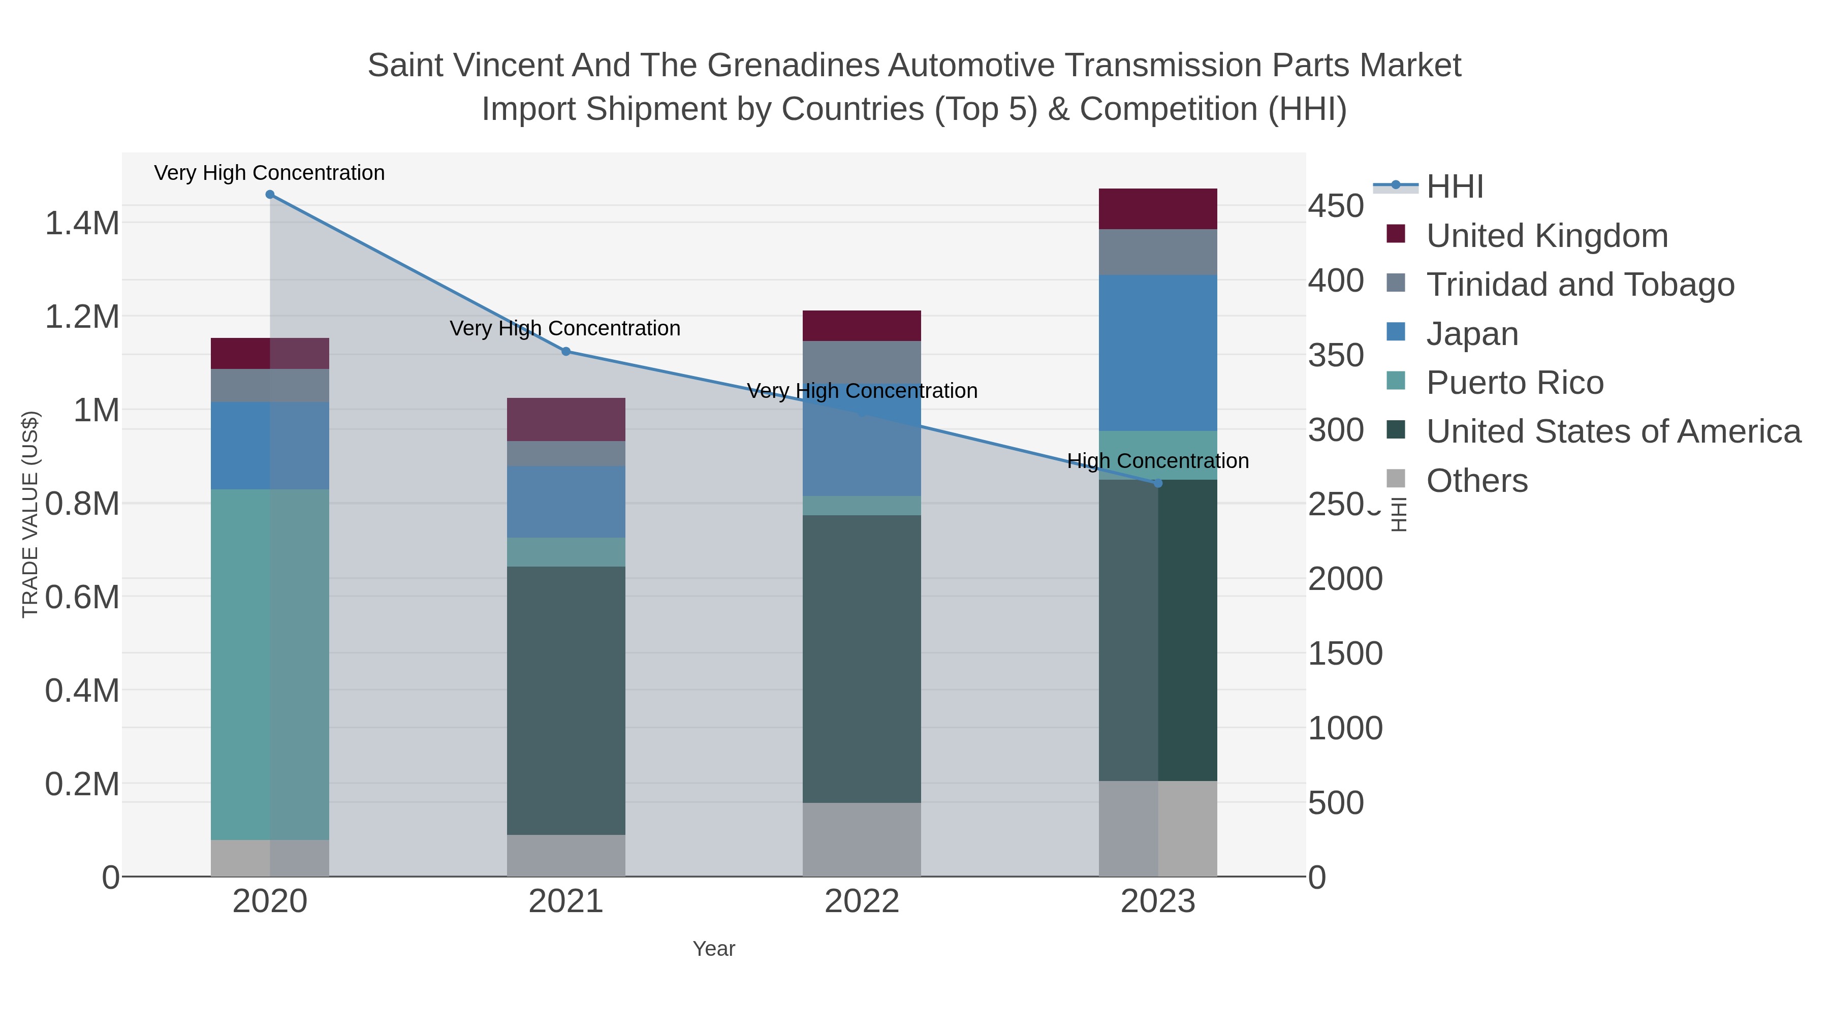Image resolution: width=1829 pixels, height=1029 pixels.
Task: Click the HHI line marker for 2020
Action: (x=270, y=195)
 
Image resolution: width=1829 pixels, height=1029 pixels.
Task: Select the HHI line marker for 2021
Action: (x=566, y=352)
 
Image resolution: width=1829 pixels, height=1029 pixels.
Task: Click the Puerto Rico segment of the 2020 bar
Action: (x=270, y=664)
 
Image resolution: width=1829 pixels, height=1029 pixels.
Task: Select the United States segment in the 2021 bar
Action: (x=566, y=700)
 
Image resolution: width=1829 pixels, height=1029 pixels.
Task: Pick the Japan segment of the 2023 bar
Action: (x=1158, y=353)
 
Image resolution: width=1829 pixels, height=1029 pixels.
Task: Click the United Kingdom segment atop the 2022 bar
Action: (x=861, y=326)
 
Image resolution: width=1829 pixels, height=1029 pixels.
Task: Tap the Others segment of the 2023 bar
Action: (x=1158, y=829)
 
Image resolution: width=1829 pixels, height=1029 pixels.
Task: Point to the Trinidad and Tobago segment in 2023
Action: (x=1158, y=252)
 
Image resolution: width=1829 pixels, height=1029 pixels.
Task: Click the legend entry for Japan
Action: (x=1472, y=334)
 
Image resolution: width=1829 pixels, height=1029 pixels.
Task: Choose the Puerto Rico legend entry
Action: (x=1515, y=383)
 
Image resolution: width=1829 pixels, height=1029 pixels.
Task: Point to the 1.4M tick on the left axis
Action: (x=82, y=224)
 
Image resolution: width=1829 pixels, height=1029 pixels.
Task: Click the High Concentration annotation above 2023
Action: (x=1157, y=461)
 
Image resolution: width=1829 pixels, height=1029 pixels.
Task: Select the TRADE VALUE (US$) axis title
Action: (x=30, y=514)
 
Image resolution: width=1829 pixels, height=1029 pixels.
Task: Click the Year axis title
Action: (x=714, y=949)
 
